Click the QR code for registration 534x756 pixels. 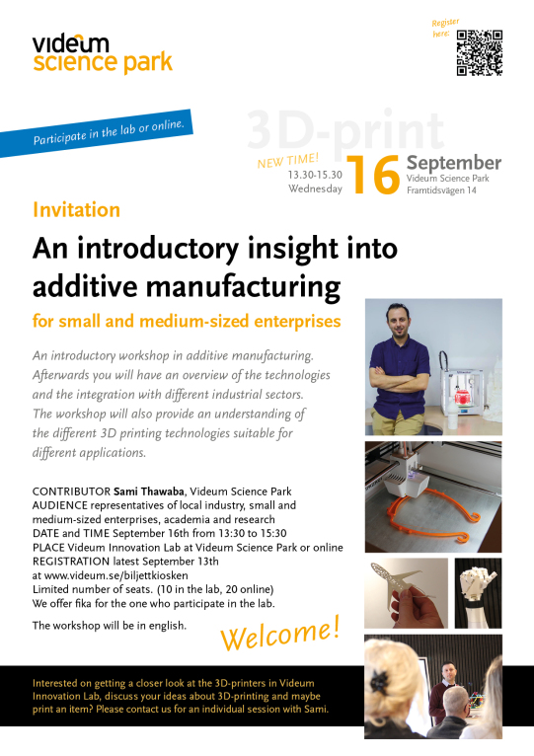point(480,53)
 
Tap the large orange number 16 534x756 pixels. point(373,175)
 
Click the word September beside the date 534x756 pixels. point(454,163)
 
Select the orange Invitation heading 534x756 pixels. point(76,210)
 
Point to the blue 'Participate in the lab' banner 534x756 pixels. point(96,133)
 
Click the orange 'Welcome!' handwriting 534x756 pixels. point(280,634)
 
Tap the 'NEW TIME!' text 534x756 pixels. point(288,161)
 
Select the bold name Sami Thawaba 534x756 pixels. point(149,491)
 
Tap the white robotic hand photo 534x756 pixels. point(478,593)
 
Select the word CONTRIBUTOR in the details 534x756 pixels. point(71,491)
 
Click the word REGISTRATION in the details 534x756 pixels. point(71,562)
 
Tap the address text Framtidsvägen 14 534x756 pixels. point(441,190)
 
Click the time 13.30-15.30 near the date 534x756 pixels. point(315,175)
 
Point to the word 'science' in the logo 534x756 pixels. point(75,62)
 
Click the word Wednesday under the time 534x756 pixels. point(316,189)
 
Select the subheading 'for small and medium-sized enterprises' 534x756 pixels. point(187,321)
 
